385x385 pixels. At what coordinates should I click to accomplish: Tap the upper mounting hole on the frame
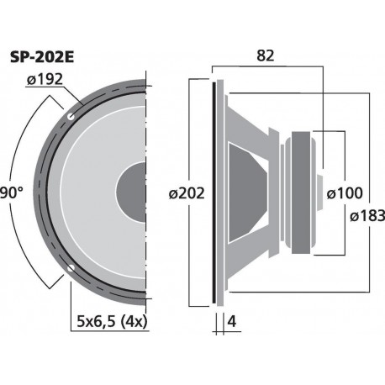(x=71, y=113)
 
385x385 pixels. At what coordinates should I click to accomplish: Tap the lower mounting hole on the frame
(x=71, y=270)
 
